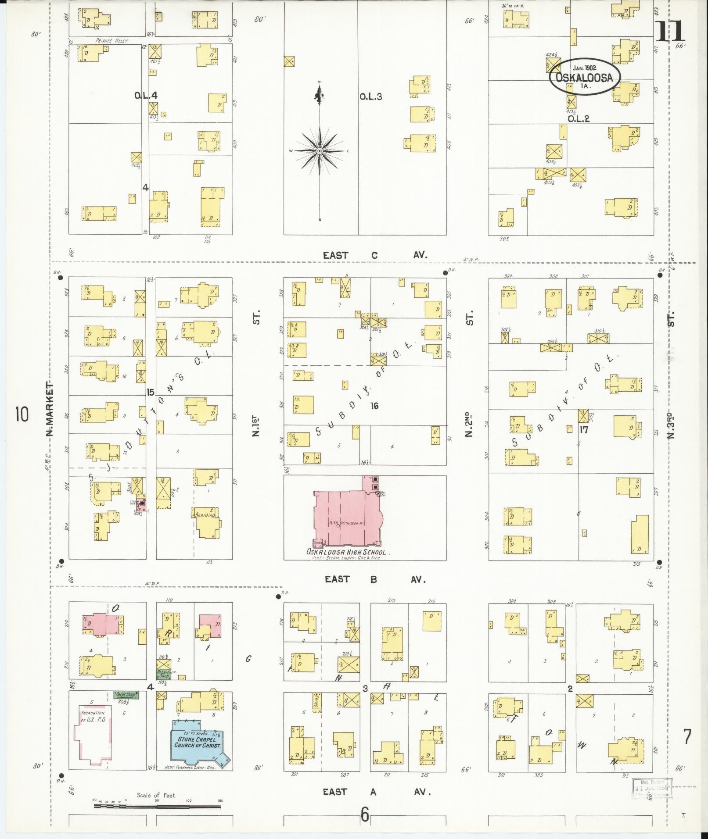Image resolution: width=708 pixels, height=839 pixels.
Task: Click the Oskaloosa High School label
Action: click(346, 552)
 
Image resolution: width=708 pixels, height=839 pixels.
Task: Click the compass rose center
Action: click(320, 151)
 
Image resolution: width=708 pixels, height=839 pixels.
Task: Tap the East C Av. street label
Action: click(375, 255)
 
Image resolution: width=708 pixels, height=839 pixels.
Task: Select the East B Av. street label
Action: click(375, 579)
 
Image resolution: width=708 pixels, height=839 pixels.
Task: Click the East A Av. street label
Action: click(375, 792)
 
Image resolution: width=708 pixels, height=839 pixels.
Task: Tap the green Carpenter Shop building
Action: click(126, 695)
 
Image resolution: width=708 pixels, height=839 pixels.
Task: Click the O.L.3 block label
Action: click(370, 96)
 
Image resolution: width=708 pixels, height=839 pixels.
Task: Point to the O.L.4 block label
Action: click(146, 95)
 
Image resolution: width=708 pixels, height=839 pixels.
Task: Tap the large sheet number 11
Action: click(670, 31)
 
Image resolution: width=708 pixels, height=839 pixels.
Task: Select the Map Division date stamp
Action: click(652, 789)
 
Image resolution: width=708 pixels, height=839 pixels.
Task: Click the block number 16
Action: click(374, 406)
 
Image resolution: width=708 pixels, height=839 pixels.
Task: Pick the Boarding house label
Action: click(205, 515)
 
